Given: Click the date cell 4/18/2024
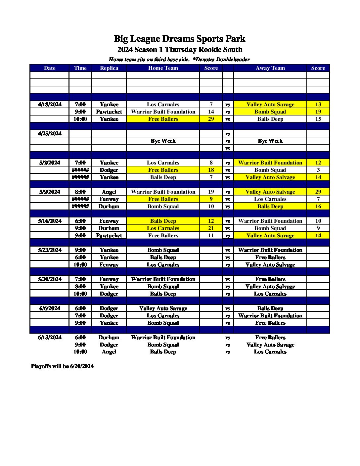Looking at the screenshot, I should click(50, 105).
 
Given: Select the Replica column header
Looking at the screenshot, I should click(109, 68).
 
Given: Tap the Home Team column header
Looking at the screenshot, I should click(163, 68).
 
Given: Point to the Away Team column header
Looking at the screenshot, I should click(270, 68).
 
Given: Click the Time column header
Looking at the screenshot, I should click(80, 68).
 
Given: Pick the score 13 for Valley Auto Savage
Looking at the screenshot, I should click(318, 105).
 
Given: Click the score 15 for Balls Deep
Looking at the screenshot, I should click(318, 119).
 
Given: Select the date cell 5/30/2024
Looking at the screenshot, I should click(50, 279).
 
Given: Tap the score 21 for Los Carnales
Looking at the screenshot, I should click(211, 228).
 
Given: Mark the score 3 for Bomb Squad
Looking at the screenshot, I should click(318, 170).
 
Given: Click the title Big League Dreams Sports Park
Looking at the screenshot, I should click(180, 39).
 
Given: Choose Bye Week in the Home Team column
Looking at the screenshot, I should click(163, 141).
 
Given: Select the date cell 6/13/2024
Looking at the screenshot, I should click(50, 338).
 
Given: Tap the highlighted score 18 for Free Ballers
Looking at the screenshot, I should click(211, 170).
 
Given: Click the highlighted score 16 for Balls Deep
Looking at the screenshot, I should click(318, 207).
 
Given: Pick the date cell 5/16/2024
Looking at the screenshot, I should click(50, 221).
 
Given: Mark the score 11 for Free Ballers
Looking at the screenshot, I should click(211, 236).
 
